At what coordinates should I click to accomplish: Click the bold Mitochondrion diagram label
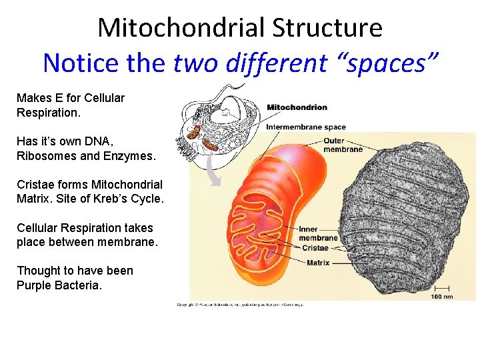tap(297, 107)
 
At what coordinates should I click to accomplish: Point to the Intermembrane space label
tap(306, 127)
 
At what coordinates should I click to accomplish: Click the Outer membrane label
tap(343, 145)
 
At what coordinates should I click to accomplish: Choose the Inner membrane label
tap(318, 234)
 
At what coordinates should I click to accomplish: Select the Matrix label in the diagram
tap(318, 263)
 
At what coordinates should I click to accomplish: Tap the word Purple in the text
tap(33, 285)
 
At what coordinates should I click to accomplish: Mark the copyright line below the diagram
tap(239, 305)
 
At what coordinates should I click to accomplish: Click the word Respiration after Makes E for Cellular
tap(48, 113)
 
